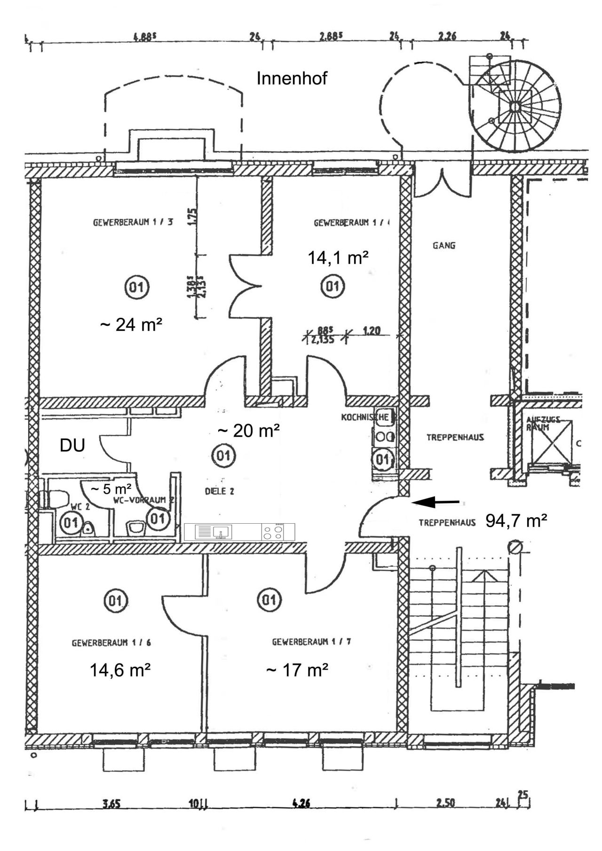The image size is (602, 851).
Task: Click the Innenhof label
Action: (x=292, y=78)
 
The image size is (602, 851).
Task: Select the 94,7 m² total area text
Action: (x=516, y=520)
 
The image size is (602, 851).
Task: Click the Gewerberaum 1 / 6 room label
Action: (x=111, y=643)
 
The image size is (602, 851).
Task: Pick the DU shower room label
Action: (x=72, y=445)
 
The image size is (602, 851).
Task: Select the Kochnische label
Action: (x=365, y=417)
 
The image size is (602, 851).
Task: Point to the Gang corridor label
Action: (x=444, y=245)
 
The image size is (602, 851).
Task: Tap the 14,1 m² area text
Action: (x=338, y=258)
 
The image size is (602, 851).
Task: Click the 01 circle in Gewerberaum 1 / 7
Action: (x=269, y=600)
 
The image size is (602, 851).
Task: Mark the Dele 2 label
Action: (x=219, y=491)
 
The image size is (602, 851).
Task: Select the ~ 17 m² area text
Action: (x=297, y=670)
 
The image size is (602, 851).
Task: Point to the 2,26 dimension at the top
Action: (x=447, y=36)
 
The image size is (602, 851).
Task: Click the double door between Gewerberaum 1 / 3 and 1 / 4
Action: (x=245, y=287)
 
